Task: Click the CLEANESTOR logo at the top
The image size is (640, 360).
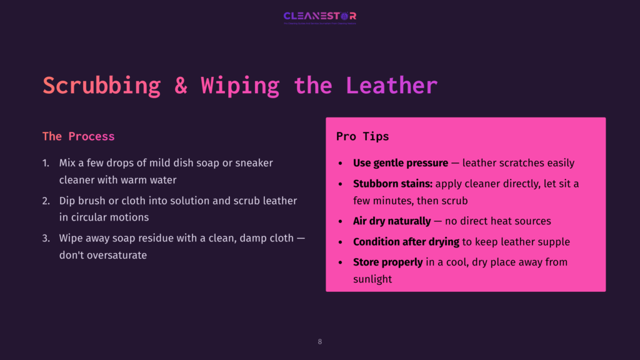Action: click(x=319, y=16)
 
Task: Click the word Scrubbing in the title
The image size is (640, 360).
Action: click(x=101, y=86)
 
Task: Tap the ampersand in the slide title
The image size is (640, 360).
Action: click(x=181, y=86)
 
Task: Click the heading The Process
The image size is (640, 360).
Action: click(x=78, y=136)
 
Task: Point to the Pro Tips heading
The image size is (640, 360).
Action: click(x=362, y=136)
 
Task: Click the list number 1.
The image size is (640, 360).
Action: click(x=46, y=163)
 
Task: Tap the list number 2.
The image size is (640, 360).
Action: click(x=46, y=201)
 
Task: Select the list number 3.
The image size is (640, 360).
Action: click(x=46, y=239)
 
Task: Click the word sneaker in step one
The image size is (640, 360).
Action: click(x=254, y=163)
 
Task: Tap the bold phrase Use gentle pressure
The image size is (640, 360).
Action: click(x=400, y=163)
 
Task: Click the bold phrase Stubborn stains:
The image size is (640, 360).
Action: click(x=392, y=184)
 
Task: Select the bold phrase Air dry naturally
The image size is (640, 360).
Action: click(x=392, y=221)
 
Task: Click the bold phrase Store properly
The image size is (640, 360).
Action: click(x=387, y=262)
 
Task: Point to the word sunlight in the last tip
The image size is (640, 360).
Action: click(x=372, y=279)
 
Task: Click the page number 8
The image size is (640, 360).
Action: click(x=320, y=342)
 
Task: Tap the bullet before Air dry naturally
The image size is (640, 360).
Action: click(x=340, y=222)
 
